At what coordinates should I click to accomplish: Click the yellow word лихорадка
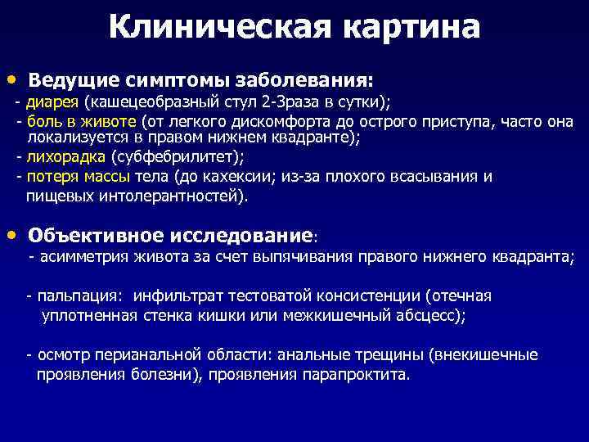point(66,157)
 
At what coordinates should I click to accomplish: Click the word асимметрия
point(79,257)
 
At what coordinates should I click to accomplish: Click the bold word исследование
point(241,237)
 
